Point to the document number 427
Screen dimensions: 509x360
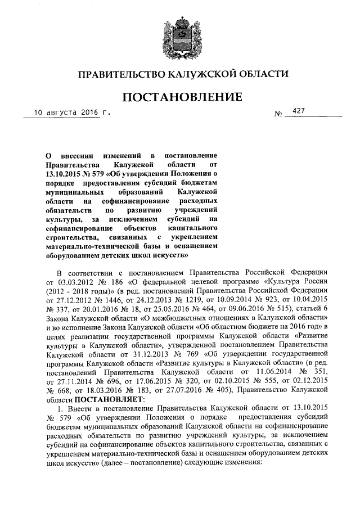click(x=298, y=112)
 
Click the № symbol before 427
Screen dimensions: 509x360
click(x=278, y=114)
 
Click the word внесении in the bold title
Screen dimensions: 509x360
click(x=79, y=154)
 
